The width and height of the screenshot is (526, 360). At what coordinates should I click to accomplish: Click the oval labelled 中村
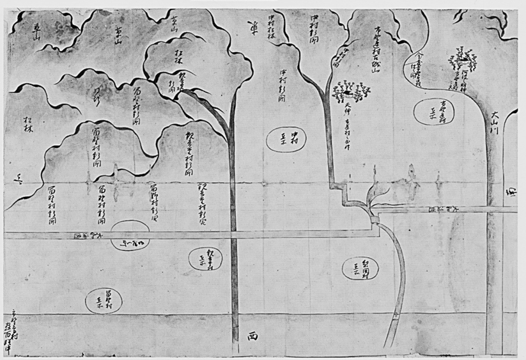tap(291, 138)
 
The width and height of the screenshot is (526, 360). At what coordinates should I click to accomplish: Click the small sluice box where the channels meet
tap(375, 219)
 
